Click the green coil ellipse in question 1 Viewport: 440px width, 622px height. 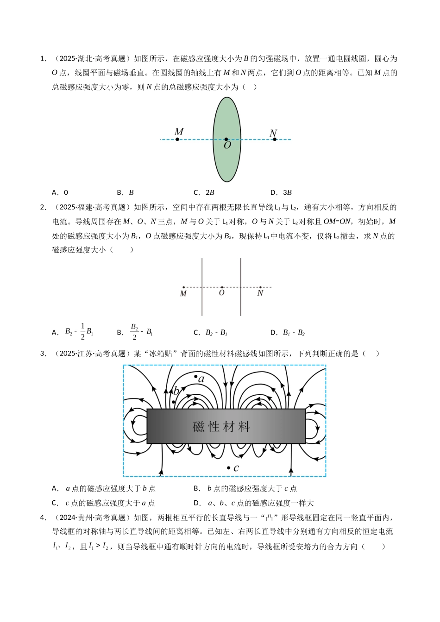click(x=227, y=116)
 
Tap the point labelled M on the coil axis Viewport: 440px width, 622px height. click(x=177, y=139)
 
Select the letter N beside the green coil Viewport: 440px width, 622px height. click(x=273, y=133)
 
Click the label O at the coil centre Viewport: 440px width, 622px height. click(x=227, y=145)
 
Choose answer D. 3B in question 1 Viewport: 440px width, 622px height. click(x=281, y=193)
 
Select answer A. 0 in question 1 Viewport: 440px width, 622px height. click(x=60, y=193)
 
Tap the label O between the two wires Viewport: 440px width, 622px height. click(x=222, y=293)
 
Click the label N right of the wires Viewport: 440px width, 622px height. click(x=260, y=293)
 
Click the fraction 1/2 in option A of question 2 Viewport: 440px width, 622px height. click(x=82, y=331)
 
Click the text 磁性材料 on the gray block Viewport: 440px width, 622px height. click(x=221, y=426)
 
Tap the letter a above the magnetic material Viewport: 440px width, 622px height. click(x=201, y=379)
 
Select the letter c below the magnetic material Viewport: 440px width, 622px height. click(x=236, y=468)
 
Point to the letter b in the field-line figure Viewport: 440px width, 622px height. click(x=176, y=391)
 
